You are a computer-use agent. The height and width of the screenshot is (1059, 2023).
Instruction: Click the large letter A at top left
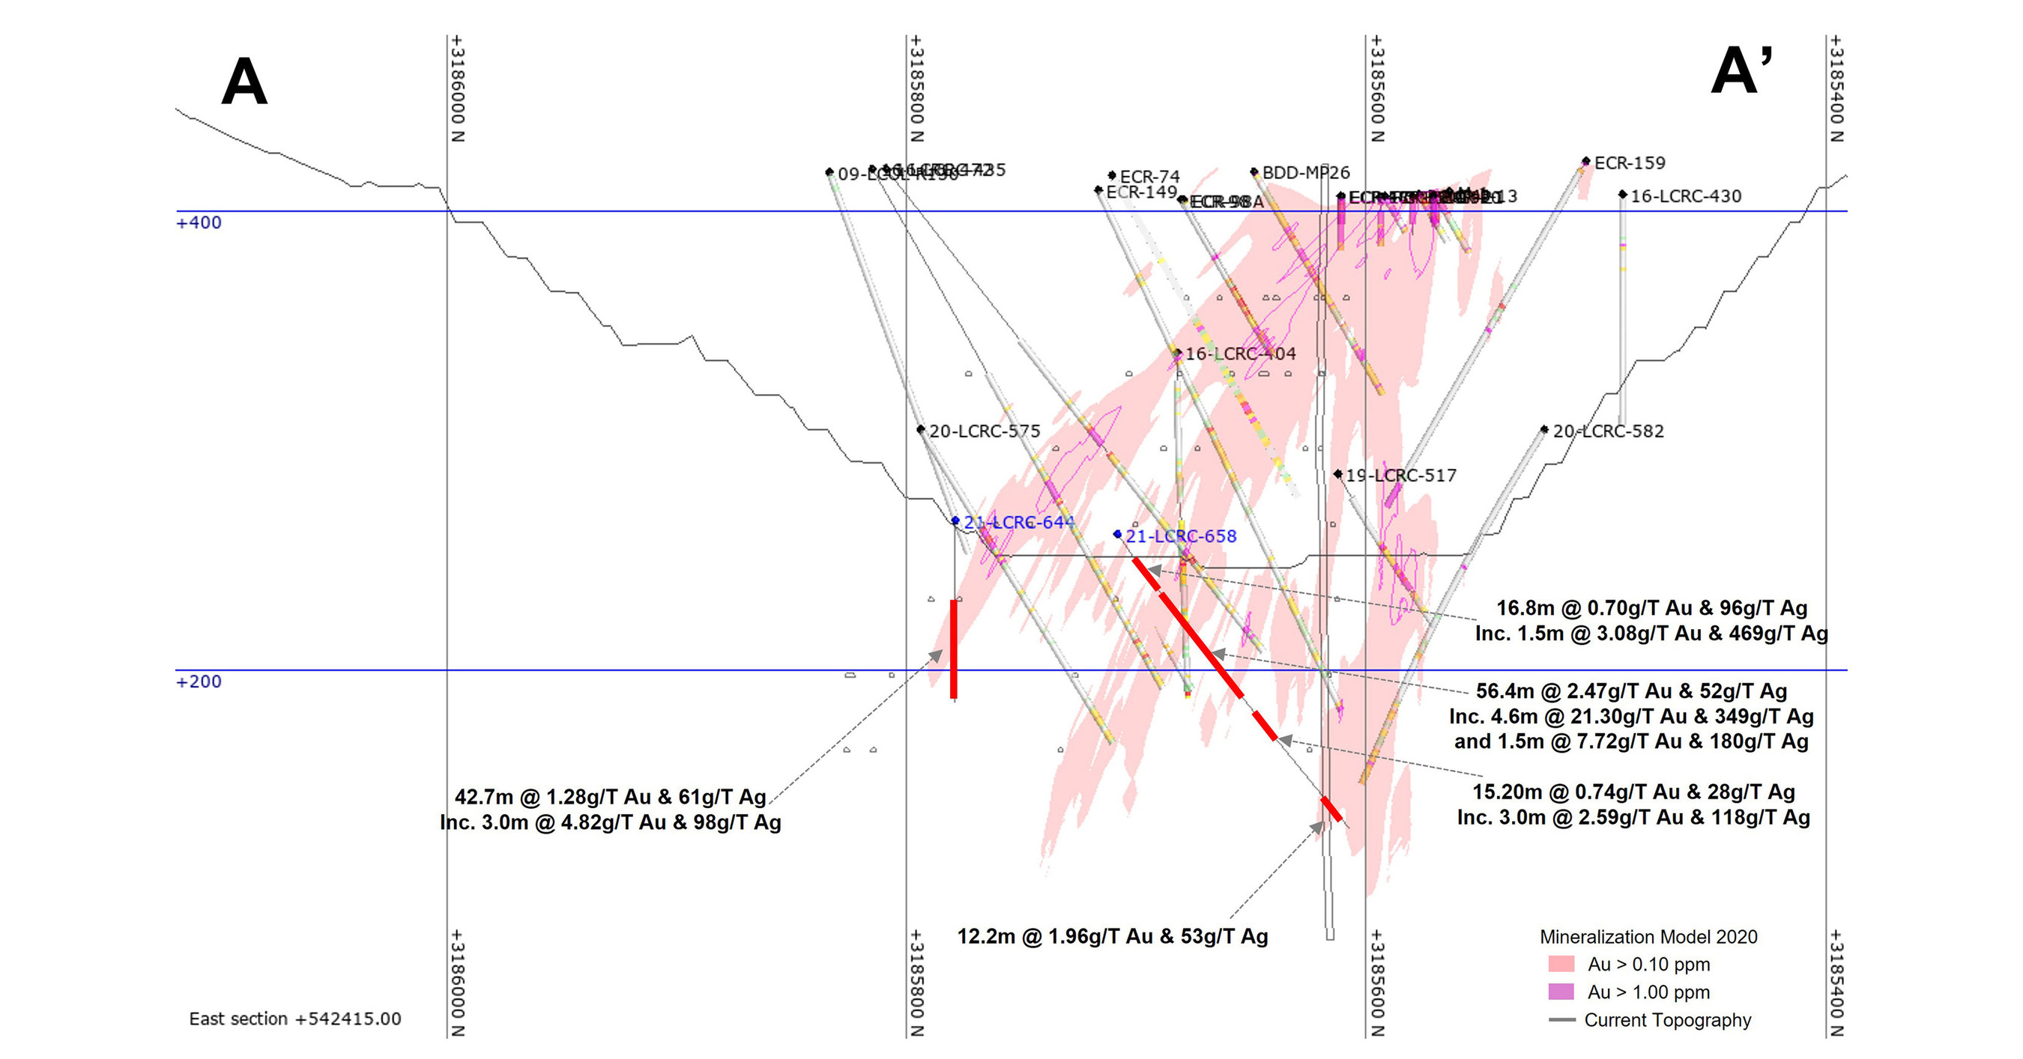pyautogui.click(x=244, y=82)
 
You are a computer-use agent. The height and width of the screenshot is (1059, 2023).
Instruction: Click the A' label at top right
pyautogui.click(x=1741, y=72)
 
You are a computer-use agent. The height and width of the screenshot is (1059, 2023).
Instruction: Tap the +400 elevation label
pyautogui.click(x=199, y=223)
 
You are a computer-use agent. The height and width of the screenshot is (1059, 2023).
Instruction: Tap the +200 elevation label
pyautogui.click(x=199, y=682)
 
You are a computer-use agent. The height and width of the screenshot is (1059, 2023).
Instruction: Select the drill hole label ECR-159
pyautogui.click(x=1629, y=163)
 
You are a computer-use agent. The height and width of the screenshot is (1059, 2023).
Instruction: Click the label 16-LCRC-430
pyautogui.click(x=1685, y=196)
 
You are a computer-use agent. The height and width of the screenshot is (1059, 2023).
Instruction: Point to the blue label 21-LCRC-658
pyautogui.click(x=1180, y=536)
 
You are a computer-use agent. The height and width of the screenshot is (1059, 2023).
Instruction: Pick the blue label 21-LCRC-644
pyautogui.click(x=1018, y=522)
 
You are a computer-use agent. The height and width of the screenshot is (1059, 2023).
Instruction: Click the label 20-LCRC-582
pyautogui.click(x=1608, y=431)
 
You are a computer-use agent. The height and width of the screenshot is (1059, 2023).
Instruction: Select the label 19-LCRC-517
pyautogui.click(x=1400, y=475)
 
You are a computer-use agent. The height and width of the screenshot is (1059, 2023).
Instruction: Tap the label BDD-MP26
pyautogui.click(x=1305, y=173)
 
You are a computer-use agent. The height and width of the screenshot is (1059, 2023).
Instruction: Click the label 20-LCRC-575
pyautogui.click(x=984, y=431)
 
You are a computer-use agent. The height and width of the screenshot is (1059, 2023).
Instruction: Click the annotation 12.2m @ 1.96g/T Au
pyautogui.click(x=1112, y=935)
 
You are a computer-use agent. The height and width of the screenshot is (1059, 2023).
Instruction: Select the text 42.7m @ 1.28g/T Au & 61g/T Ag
pyautogui.click(x=610, y=797)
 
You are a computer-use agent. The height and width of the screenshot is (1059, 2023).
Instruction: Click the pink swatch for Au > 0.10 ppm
pyautogui.click(x=1561, y=964)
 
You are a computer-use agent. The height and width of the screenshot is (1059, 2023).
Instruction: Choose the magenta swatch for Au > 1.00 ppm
pyautogui.click(x=1561, y=992)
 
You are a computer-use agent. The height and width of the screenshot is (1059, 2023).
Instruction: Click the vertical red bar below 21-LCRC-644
pyautogui.click(x=953, y=649)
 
